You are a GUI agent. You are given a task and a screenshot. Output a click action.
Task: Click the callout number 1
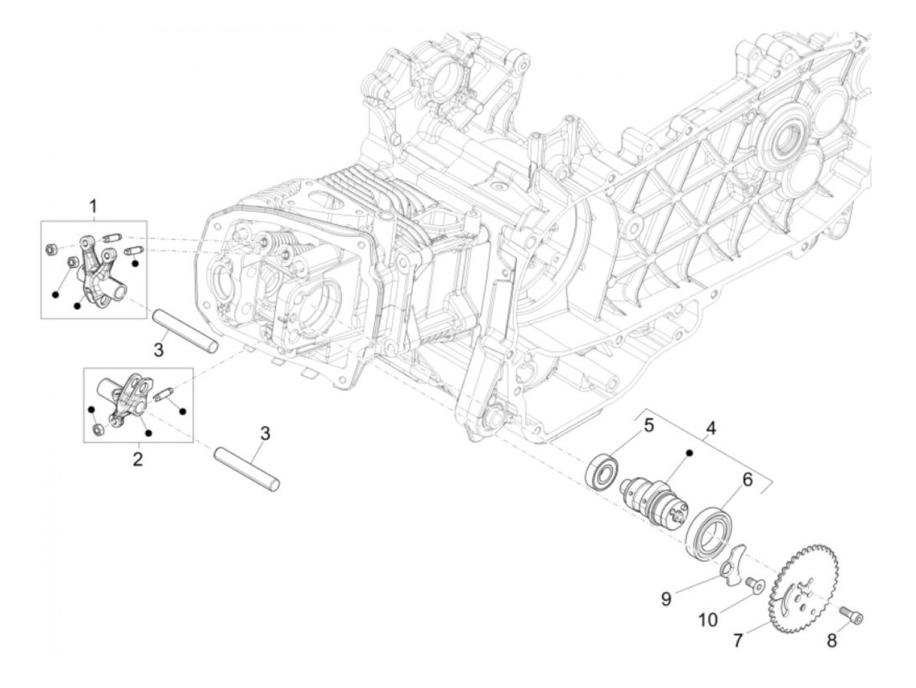pos(93,207)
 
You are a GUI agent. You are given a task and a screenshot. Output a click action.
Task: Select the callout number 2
pos(137,459)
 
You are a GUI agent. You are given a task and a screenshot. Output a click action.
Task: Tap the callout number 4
pos(711,430)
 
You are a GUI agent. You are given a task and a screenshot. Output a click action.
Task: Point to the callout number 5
pos(648,426)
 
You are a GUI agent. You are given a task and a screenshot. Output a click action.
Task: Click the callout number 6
pos(747,479)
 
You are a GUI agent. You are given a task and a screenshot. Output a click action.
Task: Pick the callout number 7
pos(738,641)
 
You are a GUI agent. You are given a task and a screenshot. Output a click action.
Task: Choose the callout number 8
pos(832,641)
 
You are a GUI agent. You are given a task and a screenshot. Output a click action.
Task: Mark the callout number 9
pos(666,598)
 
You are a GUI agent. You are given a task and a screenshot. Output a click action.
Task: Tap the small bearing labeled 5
pos(602,470)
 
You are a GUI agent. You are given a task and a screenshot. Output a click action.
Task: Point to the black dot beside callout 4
pos(688,453)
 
